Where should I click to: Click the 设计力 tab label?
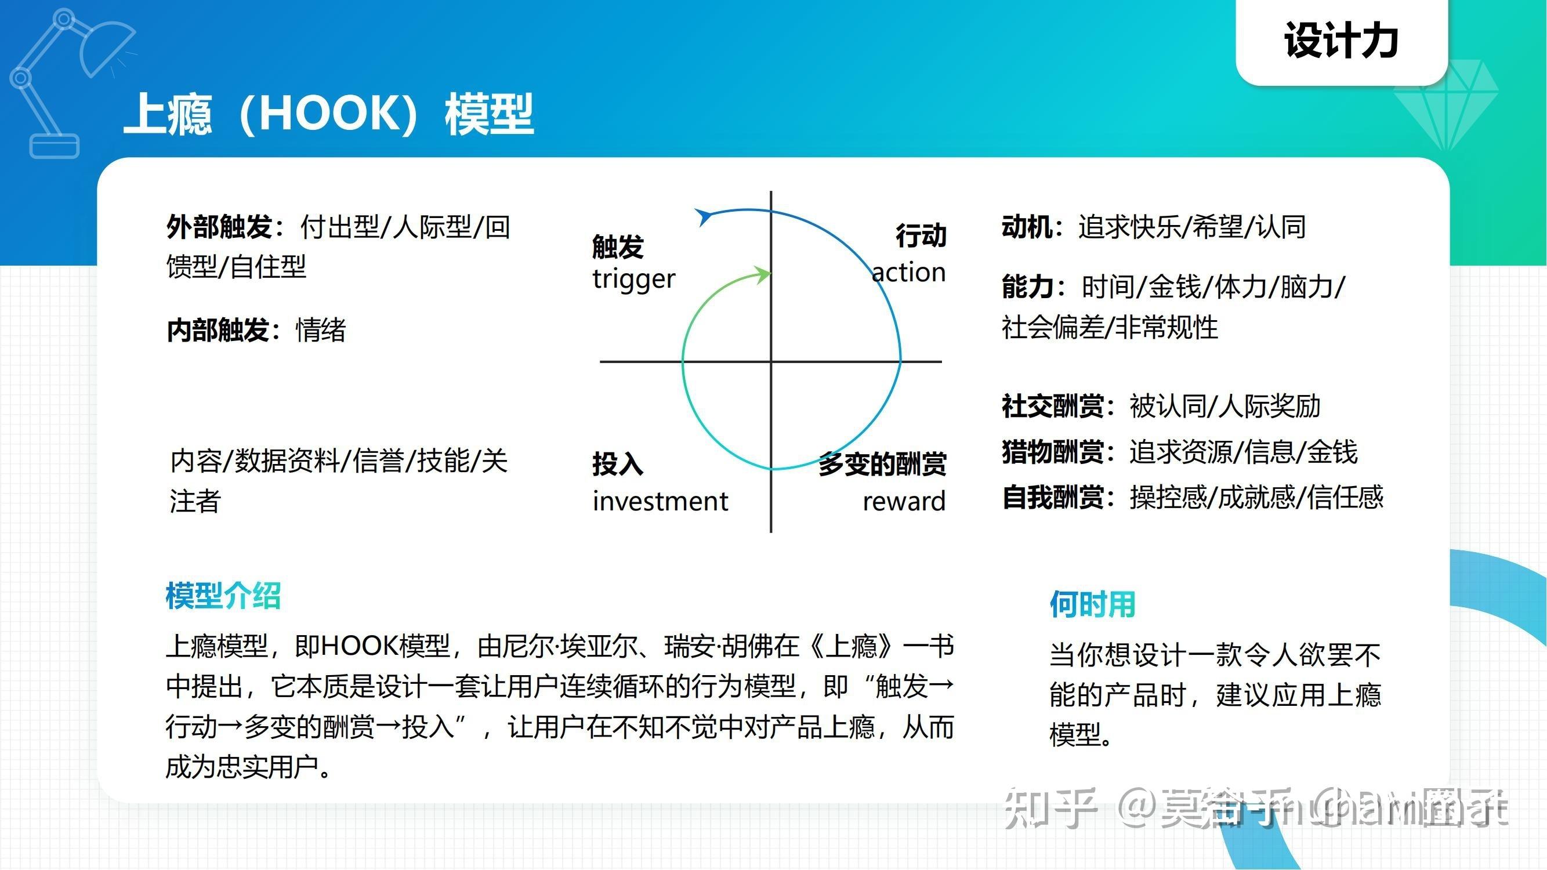[1341, 41]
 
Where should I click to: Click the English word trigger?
[633, 279]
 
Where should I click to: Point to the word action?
[908, 273]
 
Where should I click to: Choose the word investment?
[660, 501]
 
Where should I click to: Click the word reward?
[904, 501]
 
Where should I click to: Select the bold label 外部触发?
[219, 227]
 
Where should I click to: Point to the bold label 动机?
[1026, 227]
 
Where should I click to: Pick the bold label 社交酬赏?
[1052, 407]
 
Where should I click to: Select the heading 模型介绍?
[223, 596]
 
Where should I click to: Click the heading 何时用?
[1092, 604]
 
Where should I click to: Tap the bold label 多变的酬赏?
[882, 464]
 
